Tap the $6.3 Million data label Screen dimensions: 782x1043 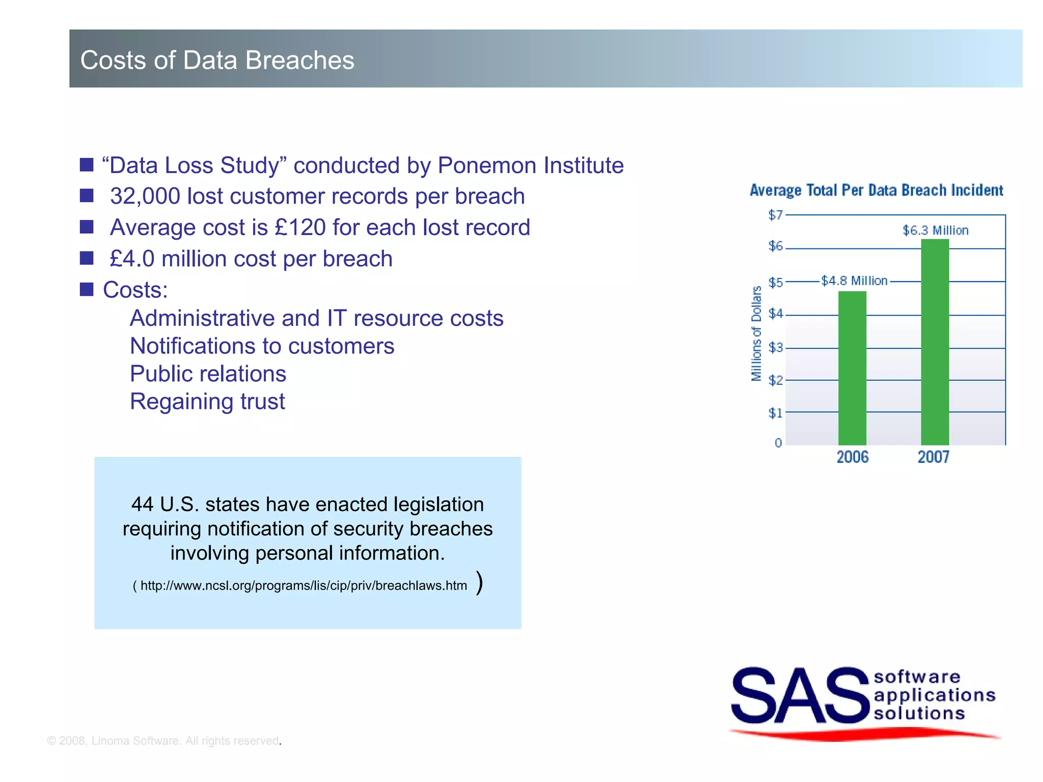(935, 231)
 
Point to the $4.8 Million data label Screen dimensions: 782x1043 (854, 281)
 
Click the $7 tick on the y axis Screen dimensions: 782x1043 (775, 215)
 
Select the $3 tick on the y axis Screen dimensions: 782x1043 (775, 348)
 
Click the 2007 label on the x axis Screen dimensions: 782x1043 (933, 457)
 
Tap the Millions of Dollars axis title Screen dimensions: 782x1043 (756, 333)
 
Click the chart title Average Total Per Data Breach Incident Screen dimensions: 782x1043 (876, 190)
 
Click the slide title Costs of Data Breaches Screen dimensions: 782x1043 (217, 60)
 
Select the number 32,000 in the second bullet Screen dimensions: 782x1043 (145, 197)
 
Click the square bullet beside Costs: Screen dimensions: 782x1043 (87, 290)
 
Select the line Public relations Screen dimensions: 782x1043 (208, 374)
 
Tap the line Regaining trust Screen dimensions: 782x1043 (207, 402)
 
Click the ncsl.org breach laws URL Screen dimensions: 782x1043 (304, 585)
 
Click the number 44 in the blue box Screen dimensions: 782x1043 (142, 505)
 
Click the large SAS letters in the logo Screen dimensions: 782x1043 (800, 696)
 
